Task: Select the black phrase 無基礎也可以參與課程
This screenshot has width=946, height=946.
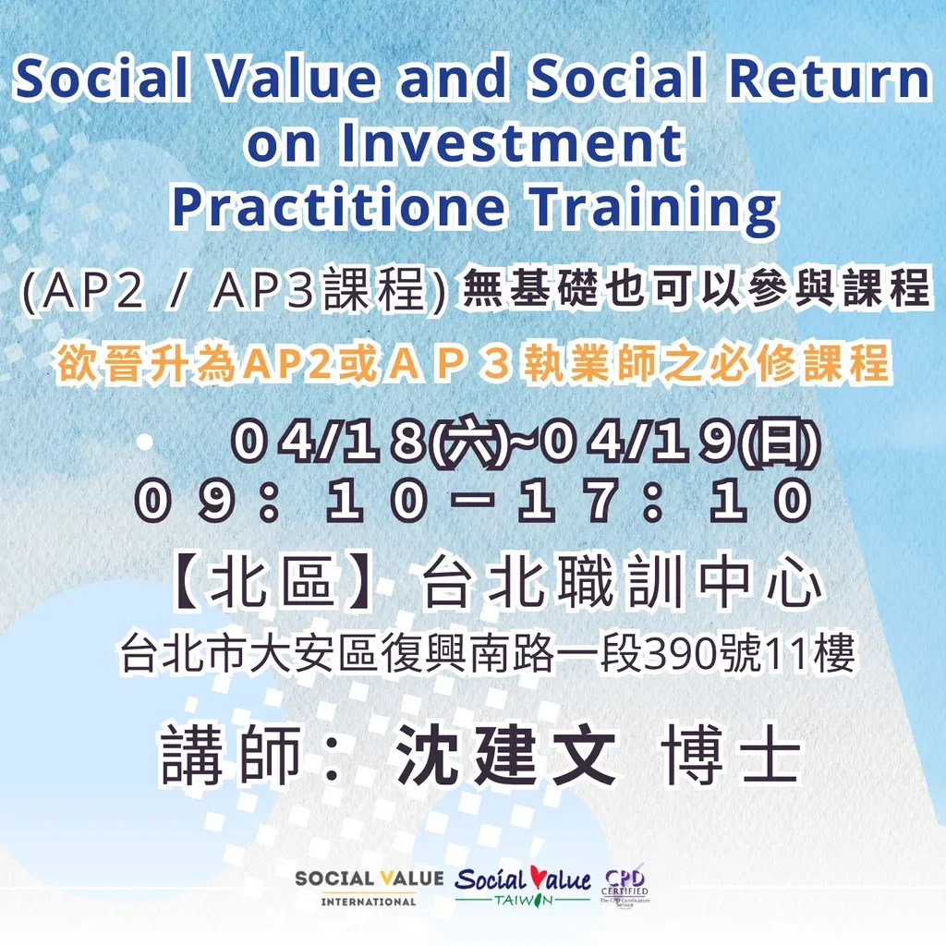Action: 695,289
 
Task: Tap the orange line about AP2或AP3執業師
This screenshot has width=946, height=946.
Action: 473,363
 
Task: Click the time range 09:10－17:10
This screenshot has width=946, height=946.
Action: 473,503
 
